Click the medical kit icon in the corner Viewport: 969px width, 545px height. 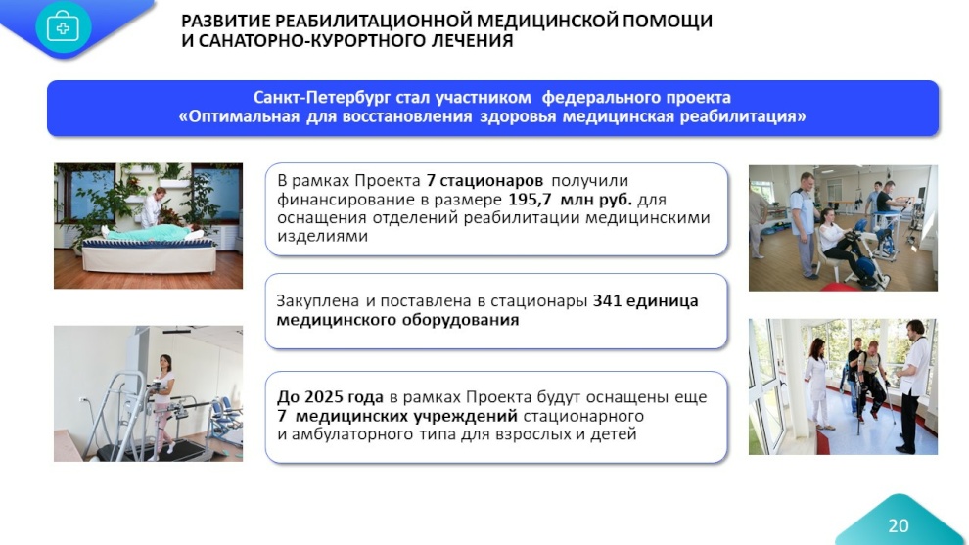tap(64, 27)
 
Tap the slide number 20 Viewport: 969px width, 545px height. tap(898, 525)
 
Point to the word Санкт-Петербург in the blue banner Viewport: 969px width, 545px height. tap(322, 98)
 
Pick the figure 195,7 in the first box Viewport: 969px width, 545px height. tap(530, 199)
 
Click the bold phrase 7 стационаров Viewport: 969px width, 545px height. tap(484, 180)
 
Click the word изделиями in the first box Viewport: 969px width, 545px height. tap(323, 236)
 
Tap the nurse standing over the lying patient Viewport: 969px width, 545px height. tap(152, 207)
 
